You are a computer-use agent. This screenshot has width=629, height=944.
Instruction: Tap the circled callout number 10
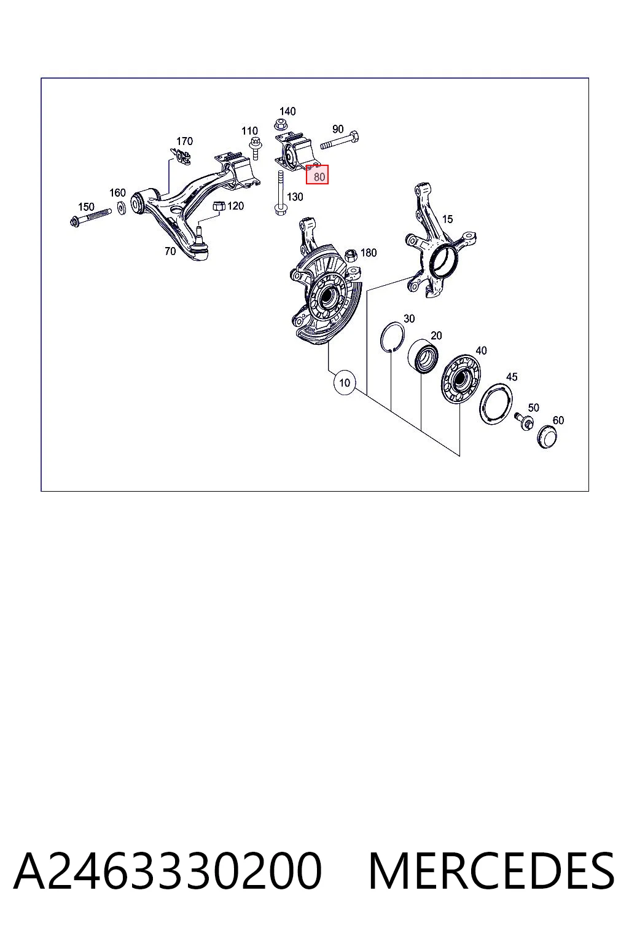click(345, 383)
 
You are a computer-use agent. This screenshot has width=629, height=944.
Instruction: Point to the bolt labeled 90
click(340, 141)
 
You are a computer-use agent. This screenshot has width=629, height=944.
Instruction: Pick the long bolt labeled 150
click(90, 216)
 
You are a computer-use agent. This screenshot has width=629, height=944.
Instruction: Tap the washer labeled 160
click(122, 208)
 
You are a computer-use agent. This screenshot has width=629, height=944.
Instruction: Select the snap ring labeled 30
click(392, 336)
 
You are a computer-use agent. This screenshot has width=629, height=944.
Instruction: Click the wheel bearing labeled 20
click(423, 355)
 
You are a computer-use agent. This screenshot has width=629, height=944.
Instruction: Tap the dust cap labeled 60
click(547, 437)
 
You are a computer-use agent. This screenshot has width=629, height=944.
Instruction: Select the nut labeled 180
click(351, 256)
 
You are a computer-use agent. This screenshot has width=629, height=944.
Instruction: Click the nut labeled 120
click(218, 206)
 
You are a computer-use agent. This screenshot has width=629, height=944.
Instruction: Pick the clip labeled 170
click(181, 155)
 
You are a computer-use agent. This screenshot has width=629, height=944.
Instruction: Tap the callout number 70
click(170, 251)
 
